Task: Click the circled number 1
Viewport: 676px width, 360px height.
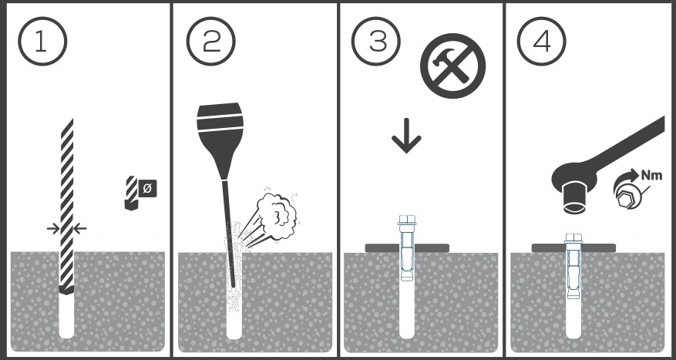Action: pos(42,42)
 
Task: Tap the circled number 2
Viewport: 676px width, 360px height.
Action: pos(211,42)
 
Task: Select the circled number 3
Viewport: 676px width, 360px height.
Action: pos(376,42)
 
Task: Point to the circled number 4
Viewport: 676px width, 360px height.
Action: pos(541,42)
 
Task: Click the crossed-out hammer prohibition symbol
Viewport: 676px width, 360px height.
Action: pos(452,66)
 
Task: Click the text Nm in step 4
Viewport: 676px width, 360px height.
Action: pos(651,175)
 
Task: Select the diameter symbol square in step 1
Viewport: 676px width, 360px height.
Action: pos(147,188)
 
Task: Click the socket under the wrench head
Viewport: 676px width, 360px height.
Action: pos(575,197)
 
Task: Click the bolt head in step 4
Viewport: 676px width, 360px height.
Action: pos(573,238)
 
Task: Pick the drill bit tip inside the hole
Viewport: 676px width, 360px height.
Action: pos(66,289)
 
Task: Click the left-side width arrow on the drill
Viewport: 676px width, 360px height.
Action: pos(53,228)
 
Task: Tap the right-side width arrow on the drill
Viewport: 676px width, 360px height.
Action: pos(79,228)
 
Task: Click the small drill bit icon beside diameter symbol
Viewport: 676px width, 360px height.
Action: pos(131,193)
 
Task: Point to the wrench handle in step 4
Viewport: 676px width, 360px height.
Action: pos(630,143)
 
